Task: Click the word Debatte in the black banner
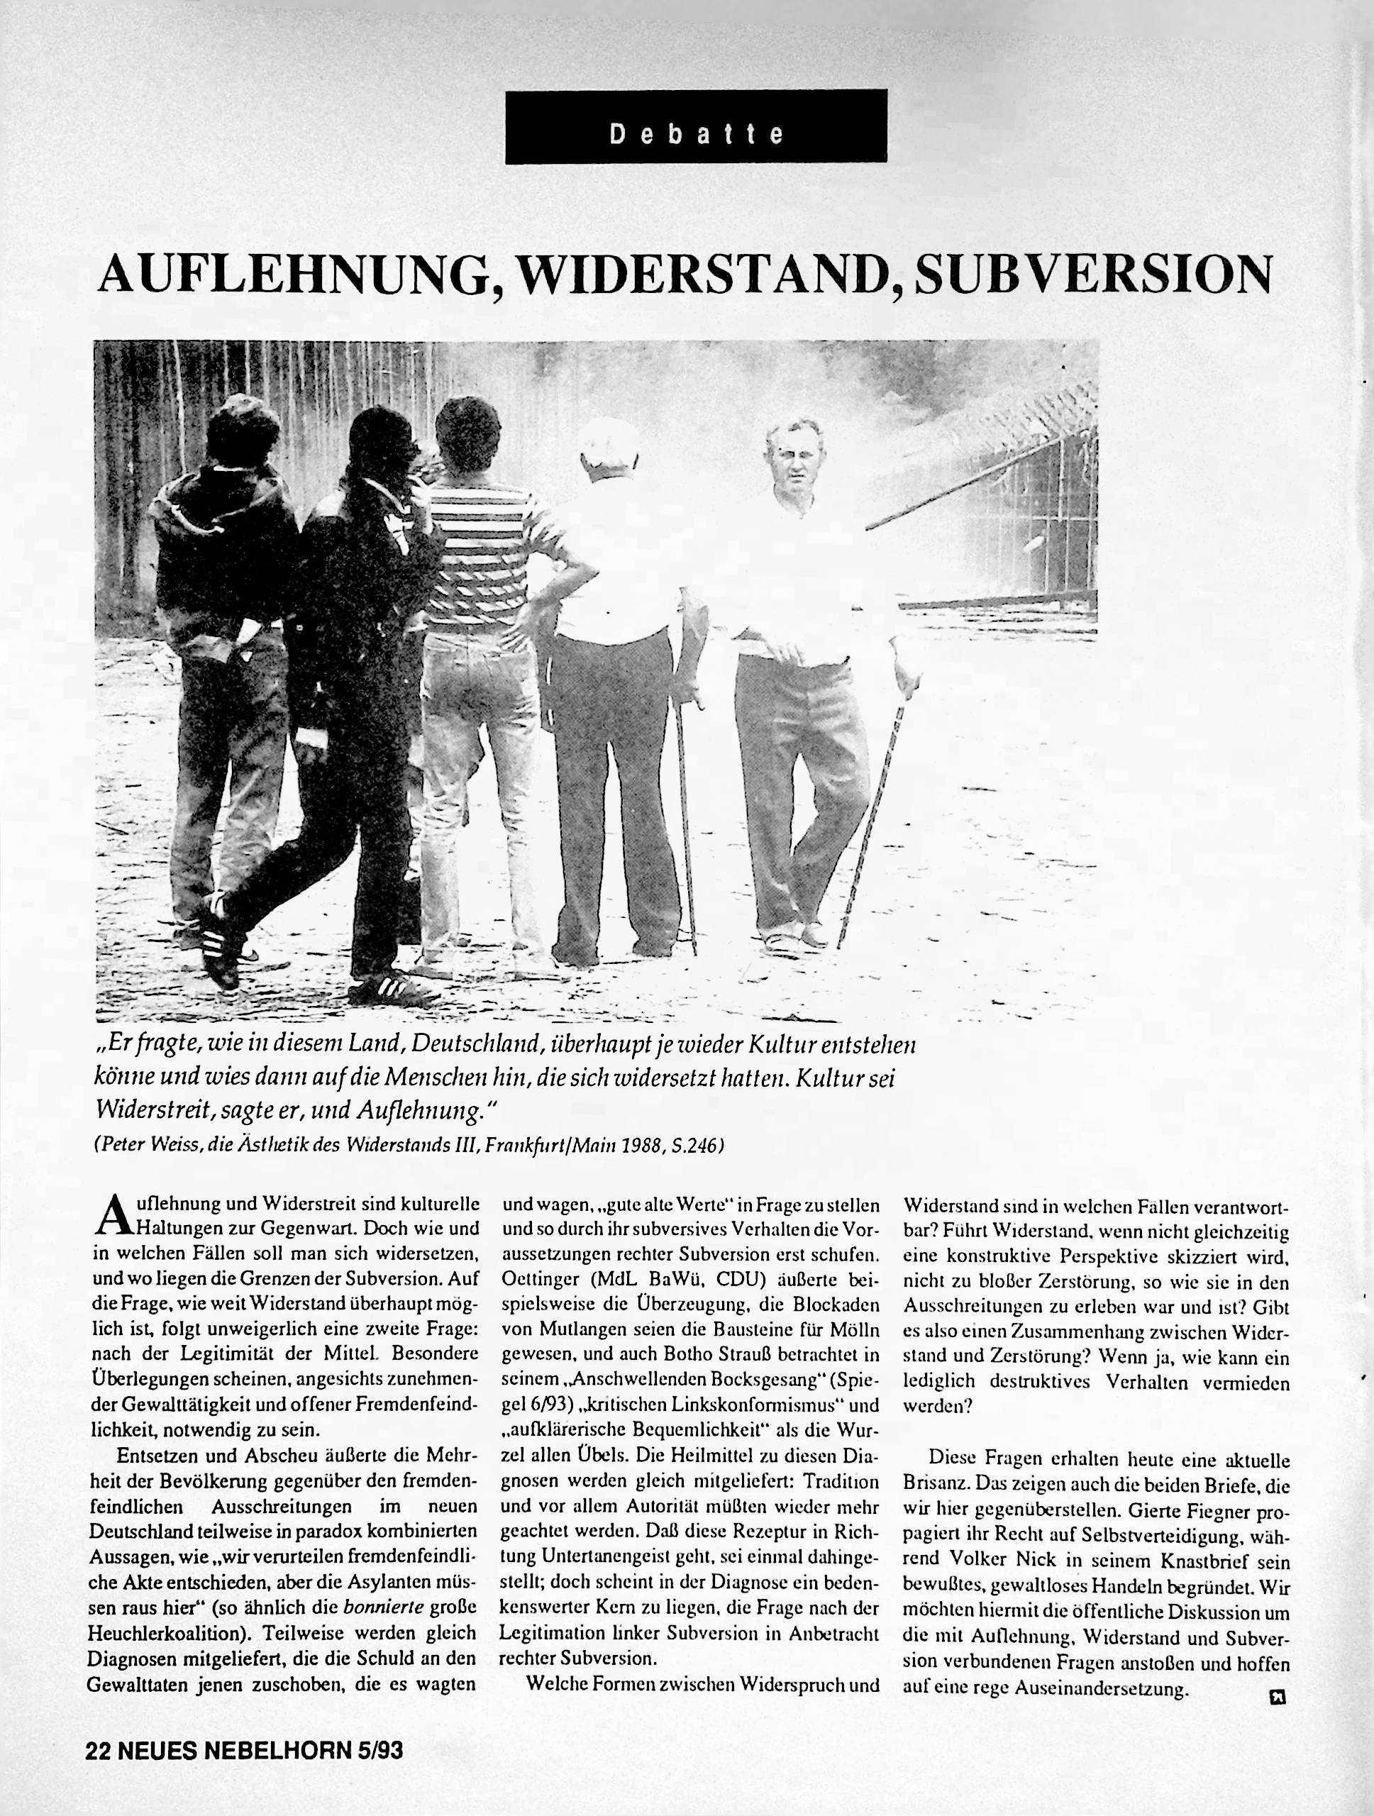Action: tap(696, 134)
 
